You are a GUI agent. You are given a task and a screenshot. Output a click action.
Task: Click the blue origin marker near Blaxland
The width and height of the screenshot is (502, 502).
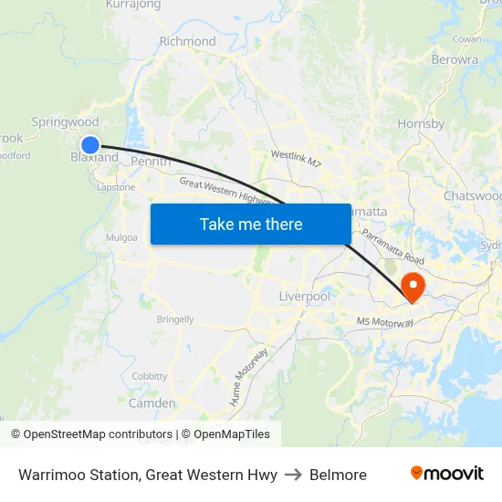90,144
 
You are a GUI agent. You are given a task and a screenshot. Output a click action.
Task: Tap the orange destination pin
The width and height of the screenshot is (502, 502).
413,287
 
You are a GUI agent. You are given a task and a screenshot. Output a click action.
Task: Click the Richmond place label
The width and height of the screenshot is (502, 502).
187,41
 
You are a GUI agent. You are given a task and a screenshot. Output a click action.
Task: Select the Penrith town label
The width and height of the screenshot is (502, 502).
152,162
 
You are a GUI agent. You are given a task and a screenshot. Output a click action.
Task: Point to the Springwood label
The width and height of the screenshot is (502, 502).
65,121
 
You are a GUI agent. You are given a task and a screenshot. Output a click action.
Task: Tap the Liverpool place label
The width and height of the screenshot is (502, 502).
304,297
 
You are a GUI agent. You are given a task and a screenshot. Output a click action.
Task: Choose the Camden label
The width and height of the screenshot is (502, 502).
152,403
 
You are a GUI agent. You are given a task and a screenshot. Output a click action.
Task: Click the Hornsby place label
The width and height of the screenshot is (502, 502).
421,123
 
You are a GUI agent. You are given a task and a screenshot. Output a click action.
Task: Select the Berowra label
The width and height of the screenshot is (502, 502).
455,59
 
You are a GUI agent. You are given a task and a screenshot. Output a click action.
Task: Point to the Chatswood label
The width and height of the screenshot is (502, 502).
472,196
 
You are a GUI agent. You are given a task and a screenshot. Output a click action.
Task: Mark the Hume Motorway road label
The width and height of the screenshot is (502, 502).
248,377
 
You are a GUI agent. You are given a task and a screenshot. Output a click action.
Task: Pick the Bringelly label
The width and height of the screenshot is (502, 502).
175,319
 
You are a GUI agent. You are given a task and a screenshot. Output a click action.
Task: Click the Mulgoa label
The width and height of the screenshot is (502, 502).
121,237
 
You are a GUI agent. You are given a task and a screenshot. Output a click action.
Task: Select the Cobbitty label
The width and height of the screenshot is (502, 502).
150,376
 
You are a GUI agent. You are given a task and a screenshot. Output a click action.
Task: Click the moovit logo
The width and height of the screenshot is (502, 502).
446,474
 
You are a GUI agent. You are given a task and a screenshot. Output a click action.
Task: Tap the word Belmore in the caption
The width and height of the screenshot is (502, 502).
338,475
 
